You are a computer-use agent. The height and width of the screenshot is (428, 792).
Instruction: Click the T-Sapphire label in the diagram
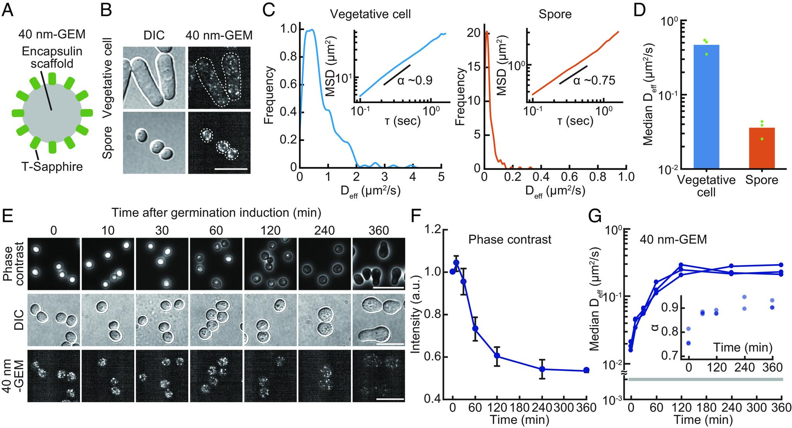pyautogui.click(x=52, y=166)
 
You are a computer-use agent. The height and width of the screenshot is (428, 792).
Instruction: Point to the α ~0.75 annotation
pyautogui.click(x=594, y=80)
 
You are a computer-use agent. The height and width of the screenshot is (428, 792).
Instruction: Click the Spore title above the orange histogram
pyautogui.click(x=555, y=14)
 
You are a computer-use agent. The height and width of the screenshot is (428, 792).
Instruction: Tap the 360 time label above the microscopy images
pyautogui.click(x=379, y=231)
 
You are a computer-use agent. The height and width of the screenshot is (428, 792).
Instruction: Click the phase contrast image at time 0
pyautogui.click(x=54, y=264)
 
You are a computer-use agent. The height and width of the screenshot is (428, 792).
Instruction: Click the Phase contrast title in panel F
pyautogui.click(x=510, y=239)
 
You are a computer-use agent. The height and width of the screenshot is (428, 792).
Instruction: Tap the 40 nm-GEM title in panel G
pyautogui.click(x=673, y=239)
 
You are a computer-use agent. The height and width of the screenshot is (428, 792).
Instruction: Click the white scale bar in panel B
pyautogui.click(x=230, y=169)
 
